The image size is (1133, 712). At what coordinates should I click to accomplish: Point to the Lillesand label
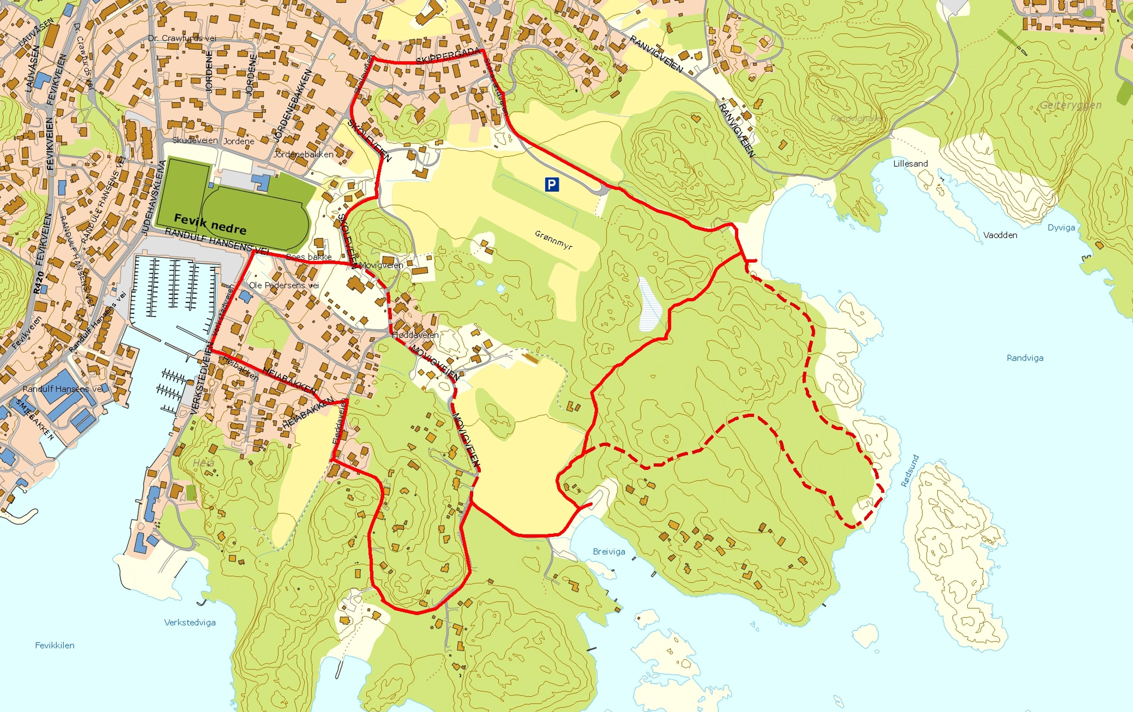(x=911, y=164)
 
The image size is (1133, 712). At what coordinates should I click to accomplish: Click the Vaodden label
(x=1000, y=235)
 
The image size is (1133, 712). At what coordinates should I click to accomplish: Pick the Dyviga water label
(x=1061, y=228)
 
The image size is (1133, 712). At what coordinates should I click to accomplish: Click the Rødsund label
(x=909, y=470)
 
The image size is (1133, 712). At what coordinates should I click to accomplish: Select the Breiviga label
(x=609, y=551)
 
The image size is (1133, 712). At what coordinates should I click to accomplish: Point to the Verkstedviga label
(x=190, y=622)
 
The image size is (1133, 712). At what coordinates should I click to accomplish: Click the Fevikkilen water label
(x=55, y=645)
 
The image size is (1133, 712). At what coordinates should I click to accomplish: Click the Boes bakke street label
(x=309, y=257)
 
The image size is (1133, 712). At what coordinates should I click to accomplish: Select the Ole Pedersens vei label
(x=284, y=285)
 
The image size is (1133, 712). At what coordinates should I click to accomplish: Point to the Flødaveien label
(x=415, y=335)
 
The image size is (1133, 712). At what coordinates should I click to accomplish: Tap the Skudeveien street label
(x=195, y=140)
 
